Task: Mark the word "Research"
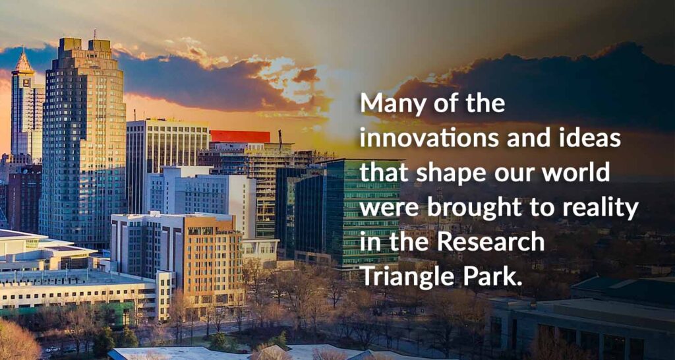point(491,243)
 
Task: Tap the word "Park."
point(490,277)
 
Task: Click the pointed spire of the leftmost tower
point(24,61)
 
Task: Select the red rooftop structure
point(239,136)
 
